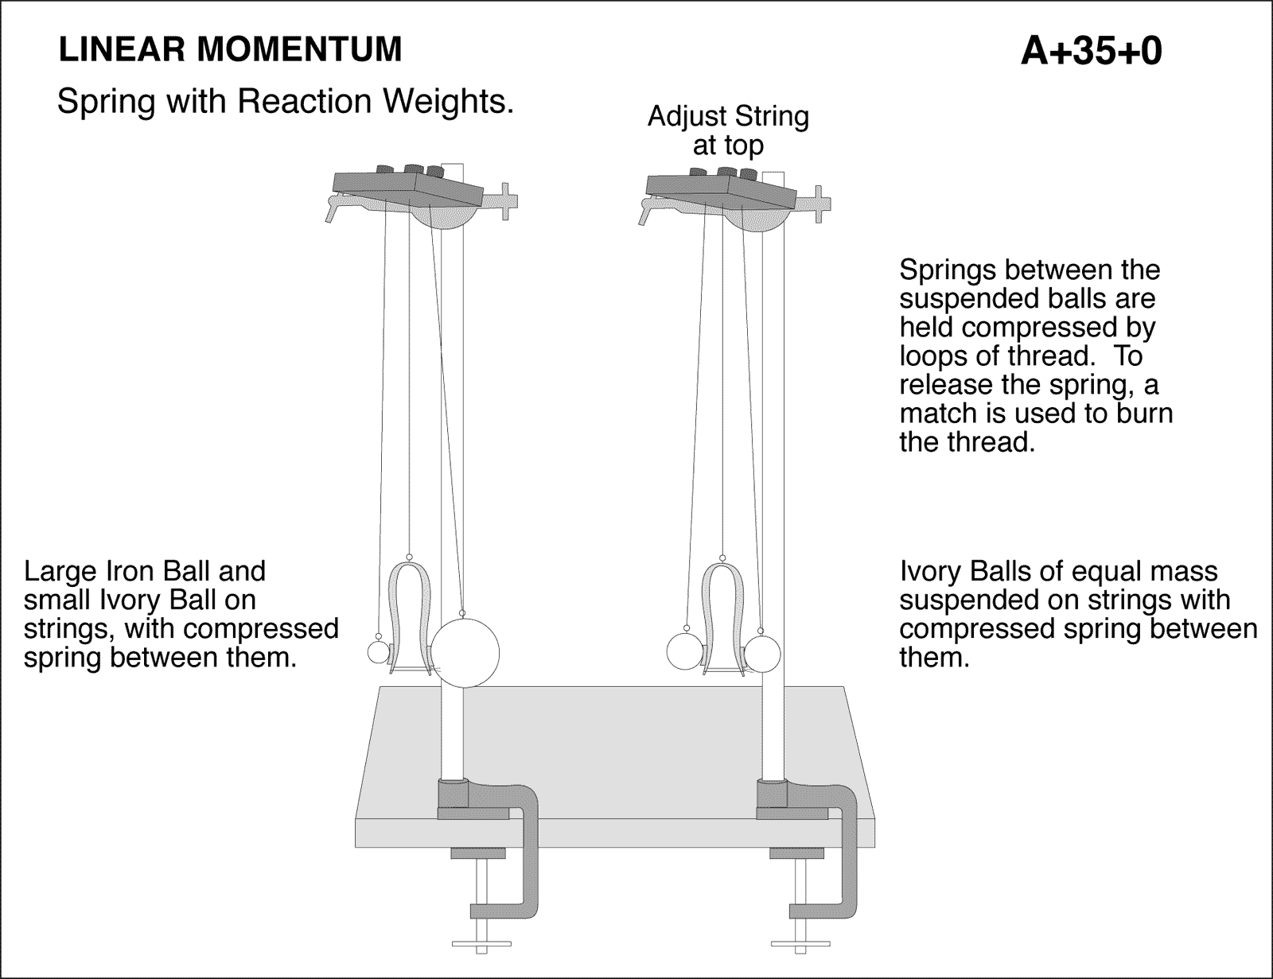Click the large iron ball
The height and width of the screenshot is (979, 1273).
coord(465,653)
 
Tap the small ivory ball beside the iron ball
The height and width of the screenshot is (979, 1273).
coord(380,652)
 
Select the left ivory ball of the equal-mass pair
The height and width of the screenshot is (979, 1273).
coord(683,651)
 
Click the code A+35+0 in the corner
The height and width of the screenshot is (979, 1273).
coord(1091,52)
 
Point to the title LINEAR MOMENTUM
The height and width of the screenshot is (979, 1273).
coord(231,50)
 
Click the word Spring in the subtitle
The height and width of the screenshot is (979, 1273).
coord(106,102)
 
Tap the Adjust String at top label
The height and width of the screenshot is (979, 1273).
coord(728,130)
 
